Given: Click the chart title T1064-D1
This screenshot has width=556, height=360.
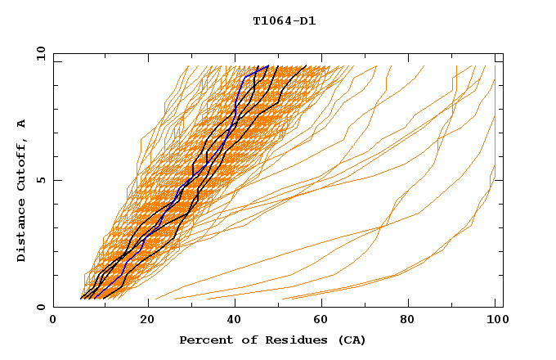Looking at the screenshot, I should coord(285,21).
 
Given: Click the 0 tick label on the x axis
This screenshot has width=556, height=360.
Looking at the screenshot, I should coord(53,321).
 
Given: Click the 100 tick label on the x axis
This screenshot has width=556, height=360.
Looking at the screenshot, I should coord(495,321).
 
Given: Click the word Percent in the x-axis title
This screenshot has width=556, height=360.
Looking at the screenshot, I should coord(204,340).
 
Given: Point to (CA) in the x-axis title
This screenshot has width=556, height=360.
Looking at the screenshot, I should coord(350,340).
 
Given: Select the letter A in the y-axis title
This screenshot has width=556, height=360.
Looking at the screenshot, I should coord(22,123).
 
